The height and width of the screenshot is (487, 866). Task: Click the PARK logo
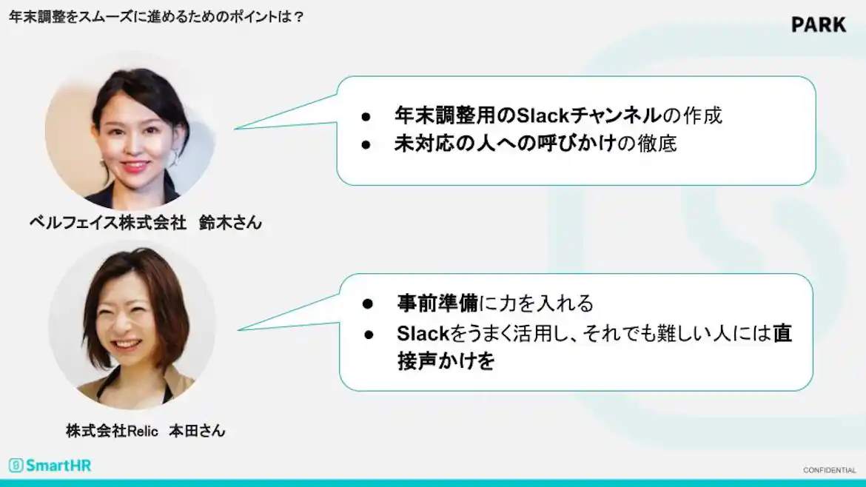coord(818,24)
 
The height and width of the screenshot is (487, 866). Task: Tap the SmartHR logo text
coord(58,466)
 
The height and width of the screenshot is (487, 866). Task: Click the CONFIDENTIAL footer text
coord(829,470)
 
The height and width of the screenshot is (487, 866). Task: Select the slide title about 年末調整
coord(156,16)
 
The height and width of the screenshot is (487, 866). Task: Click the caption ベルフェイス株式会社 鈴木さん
coord(145,222)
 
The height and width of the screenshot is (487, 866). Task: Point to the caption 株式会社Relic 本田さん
coord(145,431)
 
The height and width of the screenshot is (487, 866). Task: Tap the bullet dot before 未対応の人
coord(366,144)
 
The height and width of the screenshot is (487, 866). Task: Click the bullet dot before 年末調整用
coord(366,116)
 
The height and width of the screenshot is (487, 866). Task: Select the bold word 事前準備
coord(437,303)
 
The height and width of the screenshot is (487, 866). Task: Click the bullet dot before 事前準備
coord(366,303)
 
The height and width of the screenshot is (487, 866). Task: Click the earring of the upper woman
coord(175,158)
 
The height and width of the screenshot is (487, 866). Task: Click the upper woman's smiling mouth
coord(135,166)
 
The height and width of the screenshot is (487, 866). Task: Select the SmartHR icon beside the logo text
coord(16,466)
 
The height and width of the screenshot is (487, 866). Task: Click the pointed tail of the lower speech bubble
coord(244,328)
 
